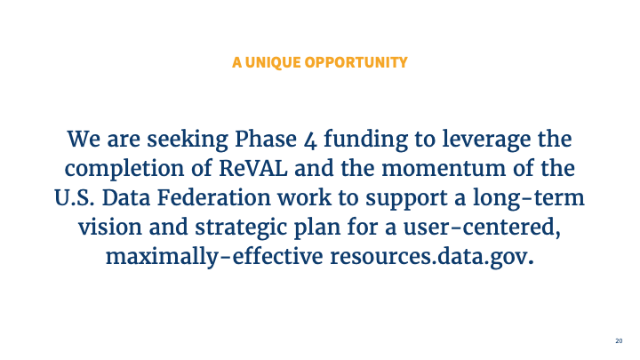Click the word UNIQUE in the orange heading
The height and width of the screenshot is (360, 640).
pyautogui.click(x=272, y=62)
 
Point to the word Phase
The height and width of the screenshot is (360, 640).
pyautogui.click(x=264, y=140)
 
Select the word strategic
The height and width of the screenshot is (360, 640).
pyautogui.click(x=226, y=225)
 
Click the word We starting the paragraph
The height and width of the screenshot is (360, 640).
pyautogui.click(x=84, y=140)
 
